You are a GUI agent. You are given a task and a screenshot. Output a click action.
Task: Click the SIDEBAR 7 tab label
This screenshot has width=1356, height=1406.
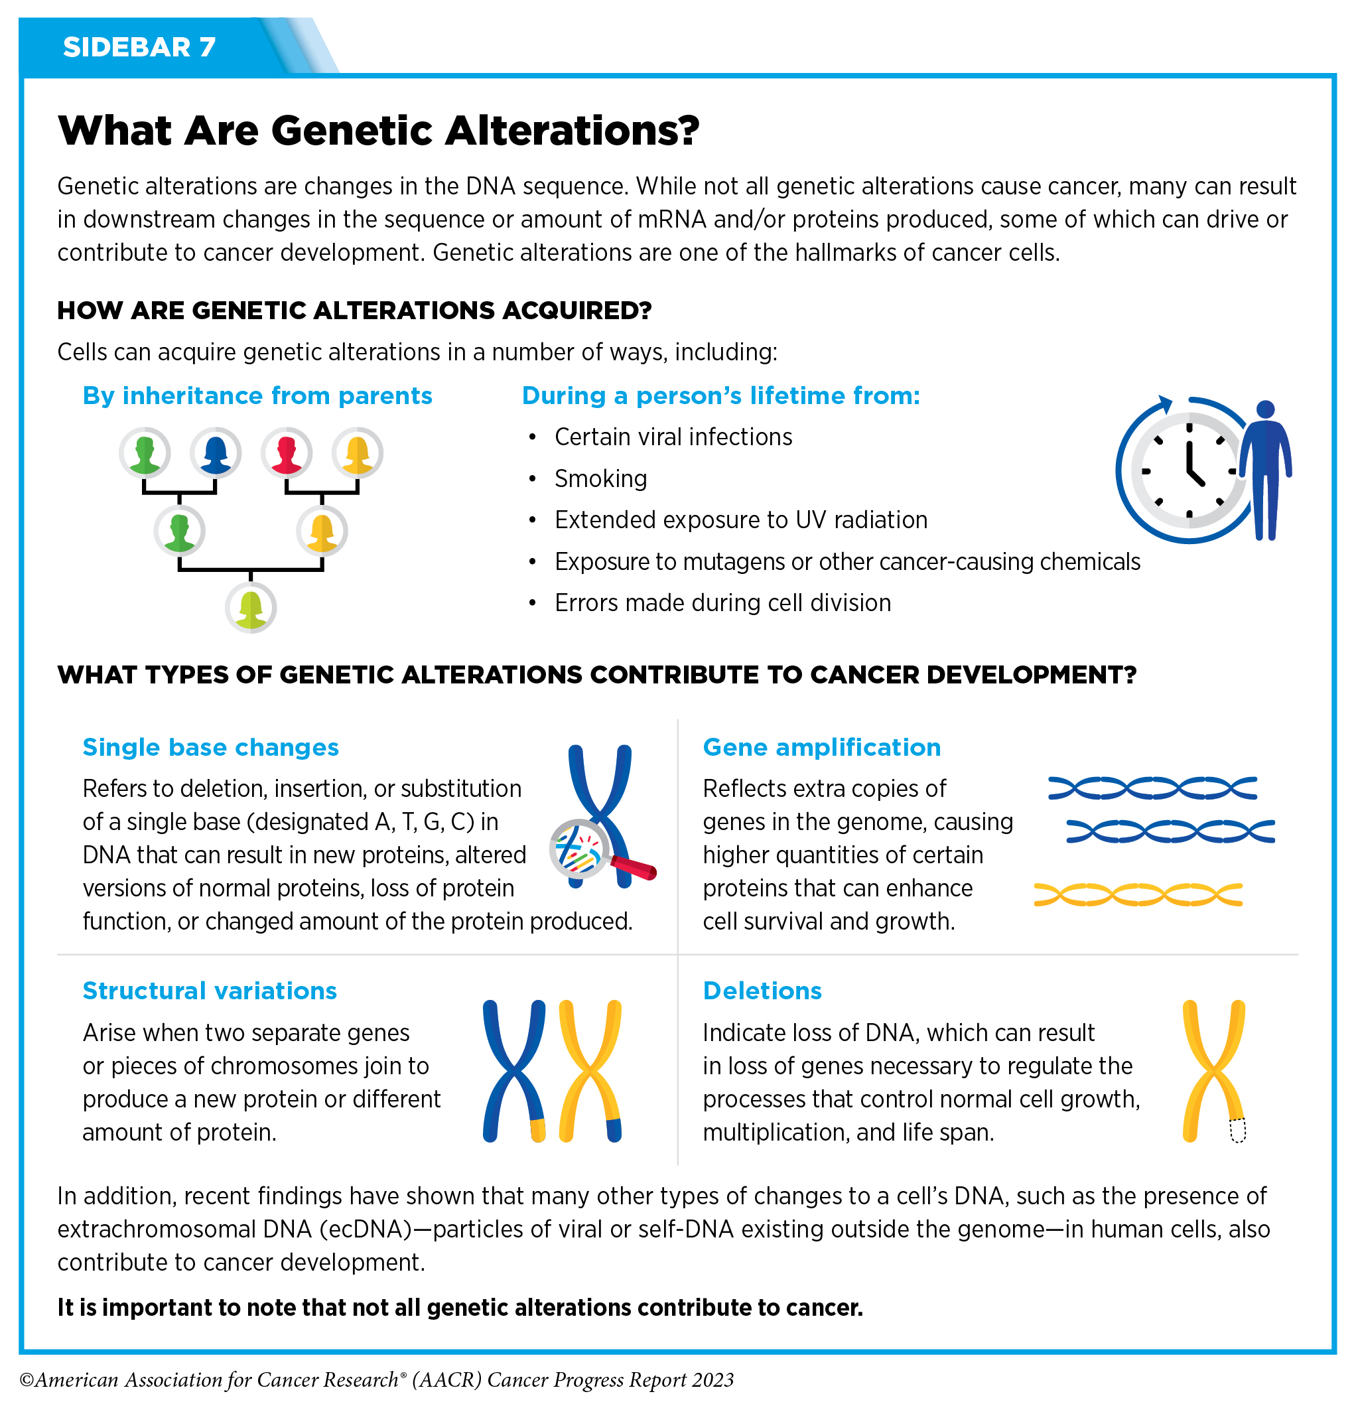click(x=139, y=47)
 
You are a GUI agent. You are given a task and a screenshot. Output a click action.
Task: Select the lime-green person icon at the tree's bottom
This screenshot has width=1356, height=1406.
click(x=251, y=608)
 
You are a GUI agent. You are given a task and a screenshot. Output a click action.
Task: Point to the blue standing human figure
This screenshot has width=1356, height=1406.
click(x=1265, y=470)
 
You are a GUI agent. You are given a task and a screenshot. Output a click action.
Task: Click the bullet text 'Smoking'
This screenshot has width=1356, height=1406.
click(x=601, y=478)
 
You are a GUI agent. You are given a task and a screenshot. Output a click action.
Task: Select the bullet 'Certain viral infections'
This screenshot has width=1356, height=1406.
click(x=673, y=437)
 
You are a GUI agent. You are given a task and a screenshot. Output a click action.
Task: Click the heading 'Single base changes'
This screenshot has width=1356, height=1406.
click(x=211, y=748)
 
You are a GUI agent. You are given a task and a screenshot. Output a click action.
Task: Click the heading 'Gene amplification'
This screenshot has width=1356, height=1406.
click(x=822, y=748)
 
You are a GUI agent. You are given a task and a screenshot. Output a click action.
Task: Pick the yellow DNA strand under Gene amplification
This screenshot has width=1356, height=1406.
click(x=1138, y=894)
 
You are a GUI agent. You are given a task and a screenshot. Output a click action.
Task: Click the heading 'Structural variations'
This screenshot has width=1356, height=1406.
click(x=210, y=991)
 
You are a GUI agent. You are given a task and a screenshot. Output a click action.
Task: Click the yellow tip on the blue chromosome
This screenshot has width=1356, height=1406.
click(x=537, y=1130)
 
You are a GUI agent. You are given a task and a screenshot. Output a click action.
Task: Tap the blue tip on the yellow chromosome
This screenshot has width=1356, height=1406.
click(x=614, y=1130)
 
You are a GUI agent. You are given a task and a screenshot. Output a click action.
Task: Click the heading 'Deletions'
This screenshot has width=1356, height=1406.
click(x=762, y=991)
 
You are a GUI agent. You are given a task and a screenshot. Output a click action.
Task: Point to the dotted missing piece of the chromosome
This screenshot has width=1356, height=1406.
click(x=1238, y=1131)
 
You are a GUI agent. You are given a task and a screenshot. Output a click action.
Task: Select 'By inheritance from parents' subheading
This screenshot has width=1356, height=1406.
click(x=257, y=396)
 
